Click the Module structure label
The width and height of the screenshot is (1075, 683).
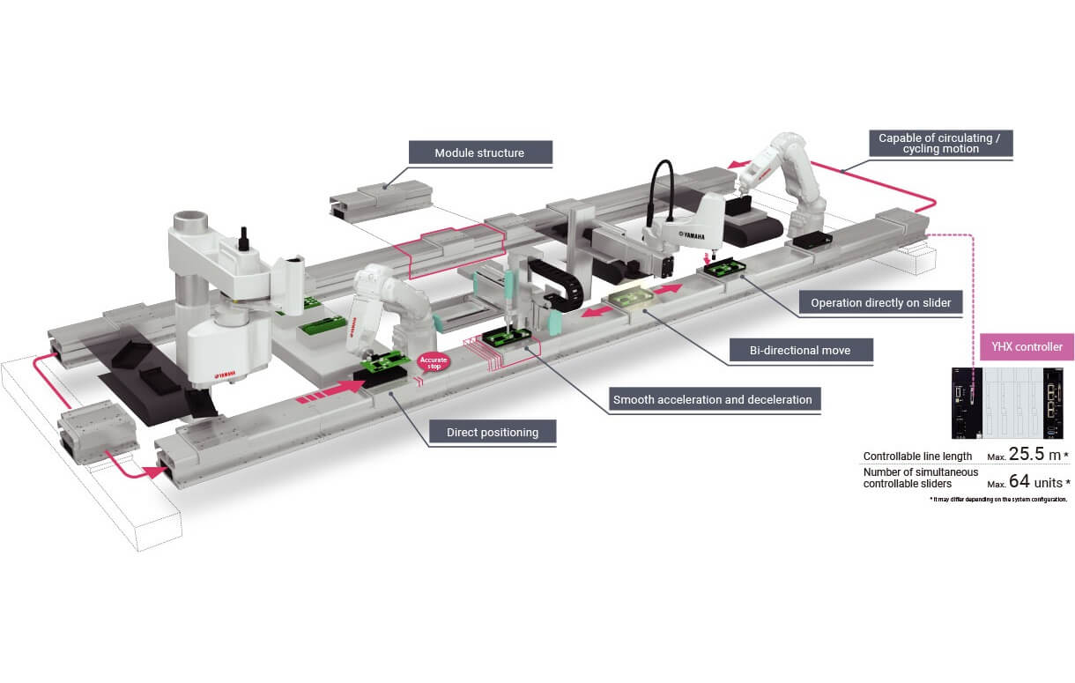pyautogui.click(x=479, y=152)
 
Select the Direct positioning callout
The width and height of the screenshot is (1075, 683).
pyautogui.click(x=493, y=432)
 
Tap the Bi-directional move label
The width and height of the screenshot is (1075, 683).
pyautogui.click(x=801, y=350)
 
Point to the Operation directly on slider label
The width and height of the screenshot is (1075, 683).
pyautogui.click(x=880, y=302)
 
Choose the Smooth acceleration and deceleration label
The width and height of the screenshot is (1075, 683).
pyautogui.click(x=712, y=399)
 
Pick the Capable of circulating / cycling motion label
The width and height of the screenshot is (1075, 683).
pyautogui.click(x=939, y=143)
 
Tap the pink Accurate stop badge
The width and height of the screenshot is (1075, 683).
pyautogui.click(x=433, y=362)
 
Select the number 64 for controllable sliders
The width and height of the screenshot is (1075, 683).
pyautogui.click(x=1019, y=481)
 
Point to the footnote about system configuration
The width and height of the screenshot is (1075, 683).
pyautogui.click(x=998, y=499)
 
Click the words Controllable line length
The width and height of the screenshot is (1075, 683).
pyautogui.click(x=917, y=457)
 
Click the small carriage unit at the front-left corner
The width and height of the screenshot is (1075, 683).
pyautogui.click(x=96, y=434)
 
